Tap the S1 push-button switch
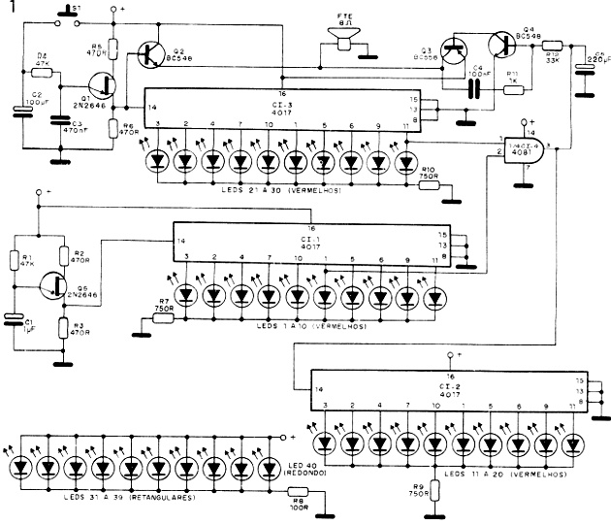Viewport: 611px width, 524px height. pos(66,14)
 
